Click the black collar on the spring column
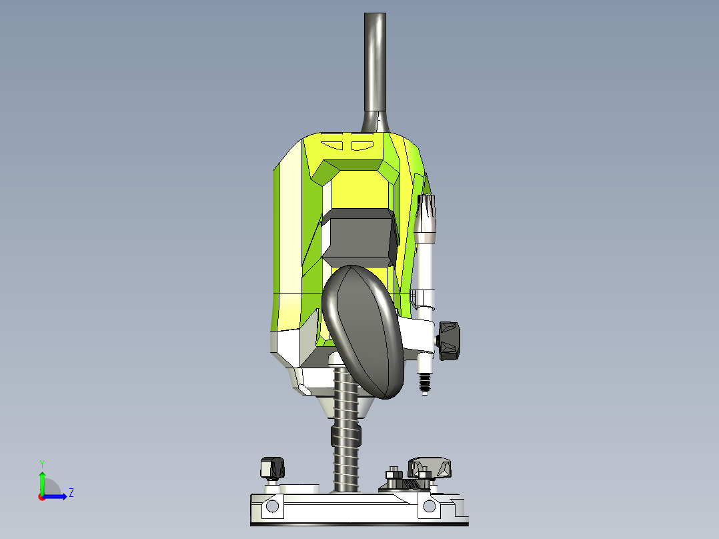tap(345, 436)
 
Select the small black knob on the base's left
tap(272, 467)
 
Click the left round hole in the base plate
tap(271, 507)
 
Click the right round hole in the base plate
tap(429, 508)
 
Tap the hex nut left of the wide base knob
tap(394, 475)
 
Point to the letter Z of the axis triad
tap(71, 493)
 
